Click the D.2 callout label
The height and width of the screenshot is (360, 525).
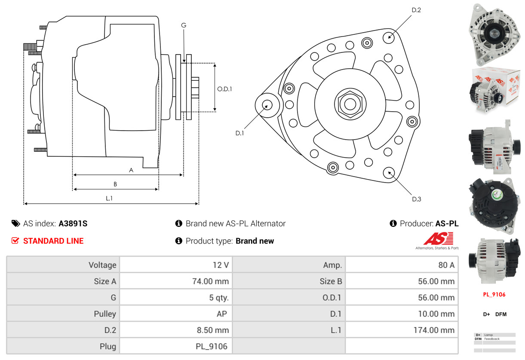(x=416, y=9)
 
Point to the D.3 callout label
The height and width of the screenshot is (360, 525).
(x=416, y=199)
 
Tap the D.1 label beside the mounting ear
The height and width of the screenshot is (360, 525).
(x=239, y=133)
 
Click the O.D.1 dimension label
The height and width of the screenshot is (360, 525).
(x=224, y=89)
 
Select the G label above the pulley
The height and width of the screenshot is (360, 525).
(x=184, y=25)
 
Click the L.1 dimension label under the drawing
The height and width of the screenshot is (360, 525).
(x=109, y=198)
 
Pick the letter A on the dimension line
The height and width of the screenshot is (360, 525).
(x=131, y=170)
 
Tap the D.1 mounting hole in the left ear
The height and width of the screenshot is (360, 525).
(x=267, y=105)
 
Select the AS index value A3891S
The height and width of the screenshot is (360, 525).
(x=73, y=223)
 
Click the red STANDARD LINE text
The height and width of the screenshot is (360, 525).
(x=53, y=241)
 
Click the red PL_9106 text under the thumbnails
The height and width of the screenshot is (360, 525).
(x=494, y=295)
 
